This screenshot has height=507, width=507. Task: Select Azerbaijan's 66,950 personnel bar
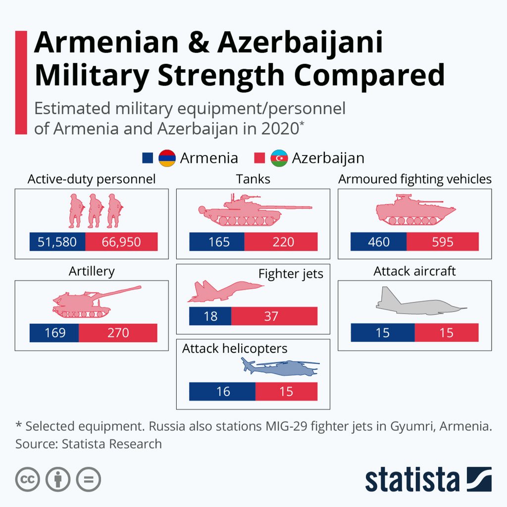pos(121,242)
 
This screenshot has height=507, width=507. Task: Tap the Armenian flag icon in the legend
pos(167,158)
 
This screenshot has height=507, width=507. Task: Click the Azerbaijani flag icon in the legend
pos(279,158)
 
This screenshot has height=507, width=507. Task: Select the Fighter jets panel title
pos(291,274)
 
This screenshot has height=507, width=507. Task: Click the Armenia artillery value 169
pos(54,333)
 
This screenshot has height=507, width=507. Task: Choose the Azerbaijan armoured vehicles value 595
pos(442,242)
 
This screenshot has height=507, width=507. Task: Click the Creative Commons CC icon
pos(27,479)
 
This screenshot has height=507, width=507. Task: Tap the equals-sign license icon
pos(88,479)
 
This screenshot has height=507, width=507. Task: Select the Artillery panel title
pos(92,271)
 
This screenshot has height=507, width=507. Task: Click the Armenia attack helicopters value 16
pos(222,391)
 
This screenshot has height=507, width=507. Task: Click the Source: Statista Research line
pos(89,444)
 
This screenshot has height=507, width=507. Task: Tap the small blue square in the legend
pos(148,158)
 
